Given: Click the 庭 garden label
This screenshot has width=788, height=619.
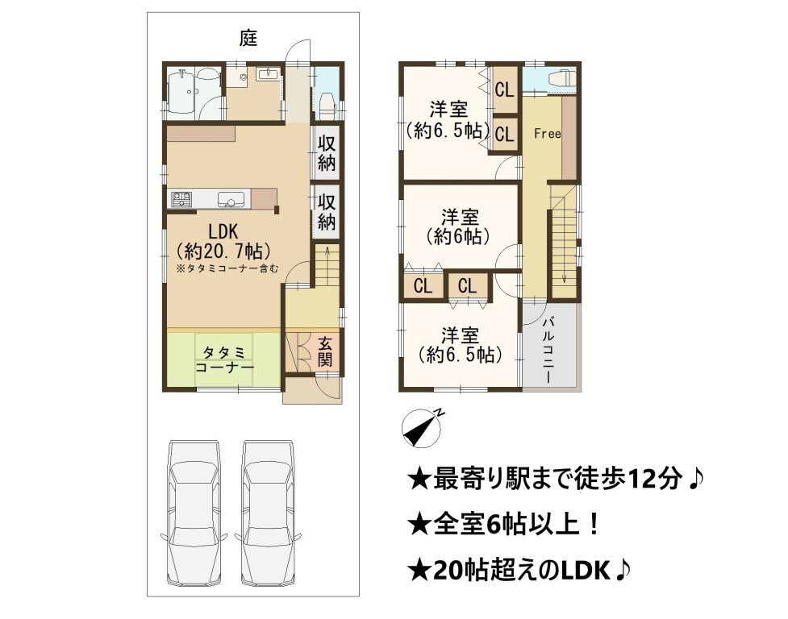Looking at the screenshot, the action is coord(248,38).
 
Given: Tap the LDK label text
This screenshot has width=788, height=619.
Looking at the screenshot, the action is coord(223,231).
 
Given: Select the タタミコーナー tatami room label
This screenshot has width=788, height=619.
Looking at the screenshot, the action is coord(224,360).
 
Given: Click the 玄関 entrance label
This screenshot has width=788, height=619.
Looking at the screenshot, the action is coord(325,351).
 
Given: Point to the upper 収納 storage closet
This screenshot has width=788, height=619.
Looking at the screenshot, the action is coord(326,153).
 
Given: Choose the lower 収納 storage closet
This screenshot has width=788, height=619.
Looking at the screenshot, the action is coord(326,211).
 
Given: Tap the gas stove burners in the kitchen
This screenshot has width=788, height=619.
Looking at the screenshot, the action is coord(181,199).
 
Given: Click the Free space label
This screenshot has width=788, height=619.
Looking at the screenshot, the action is coord(547,134).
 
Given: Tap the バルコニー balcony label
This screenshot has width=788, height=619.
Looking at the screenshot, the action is coord(548,350).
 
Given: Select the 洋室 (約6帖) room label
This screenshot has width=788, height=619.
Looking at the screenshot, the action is coord(459,227).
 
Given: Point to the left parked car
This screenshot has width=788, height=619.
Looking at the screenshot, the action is coord(194,513).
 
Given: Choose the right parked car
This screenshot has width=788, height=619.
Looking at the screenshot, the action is coord(269,513).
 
